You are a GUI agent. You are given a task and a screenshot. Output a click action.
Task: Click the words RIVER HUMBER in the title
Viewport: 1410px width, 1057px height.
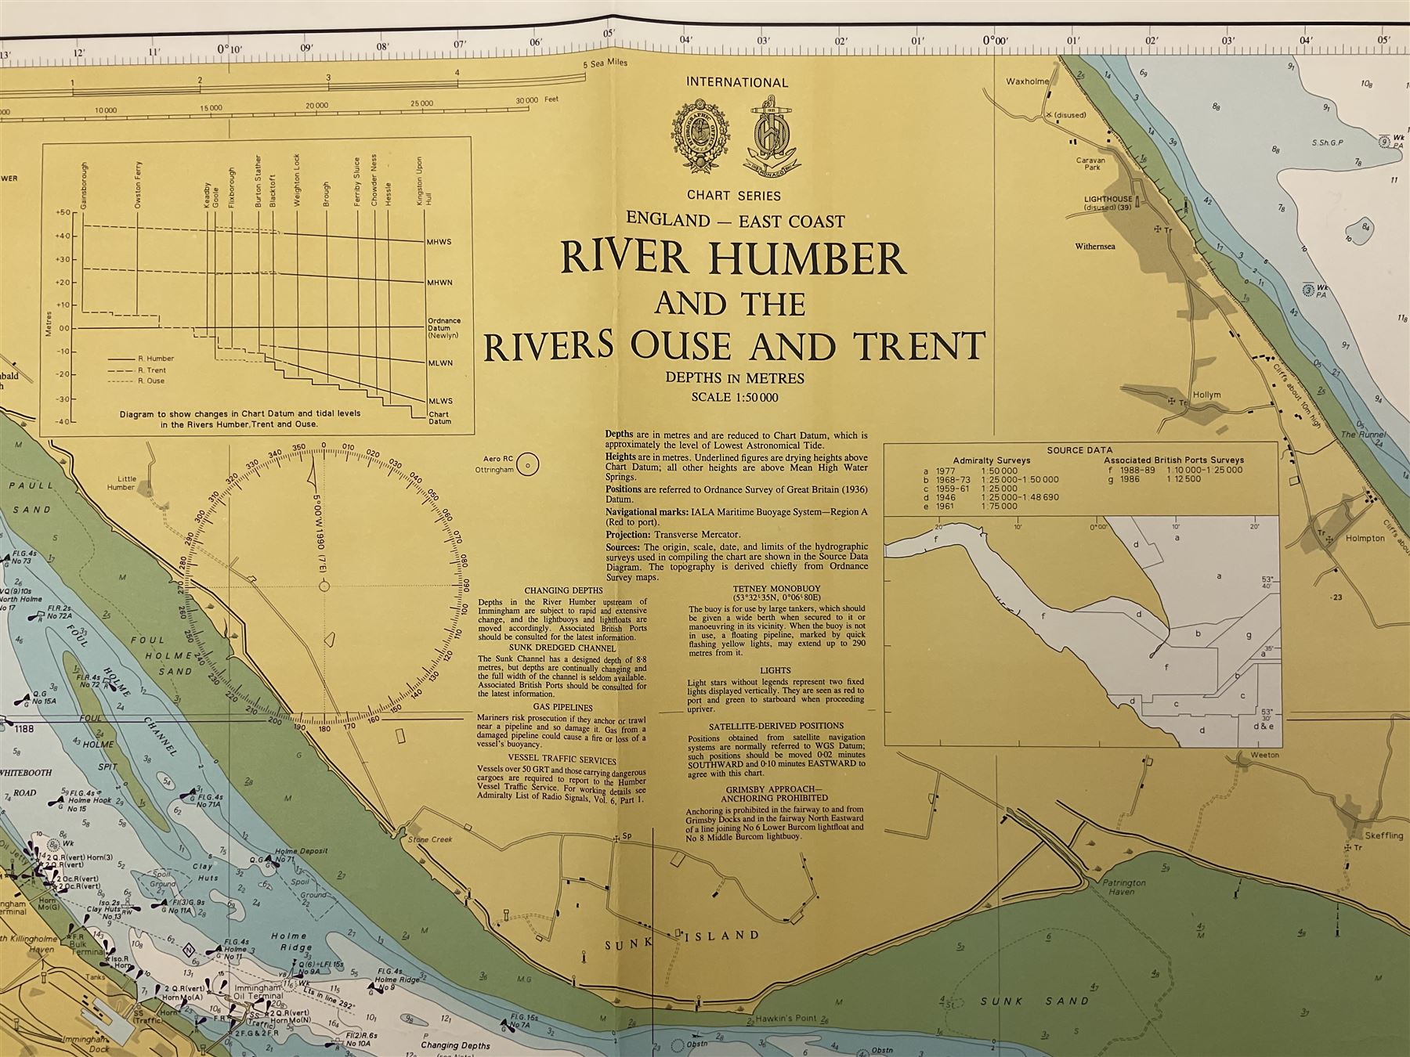pyautogui.click(x=734, y=258)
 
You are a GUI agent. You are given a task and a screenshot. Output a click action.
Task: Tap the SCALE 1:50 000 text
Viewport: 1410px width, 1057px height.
pyautogui.click(x=734, y=397)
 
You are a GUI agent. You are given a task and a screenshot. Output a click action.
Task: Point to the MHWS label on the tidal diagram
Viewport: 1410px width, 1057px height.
pyautogui.click(x=439, y=243)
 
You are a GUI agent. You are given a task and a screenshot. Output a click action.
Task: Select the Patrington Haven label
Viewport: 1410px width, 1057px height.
pyautogui.click(x=1124, y=886)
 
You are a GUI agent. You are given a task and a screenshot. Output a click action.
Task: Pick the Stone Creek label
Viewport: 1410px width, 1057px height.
pyautogui.click(x=430, y=840)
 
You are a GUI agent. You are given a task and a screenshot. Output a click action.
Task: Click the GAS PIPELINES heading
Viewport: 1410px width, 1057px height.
pyautogui.click(x=562, y=707)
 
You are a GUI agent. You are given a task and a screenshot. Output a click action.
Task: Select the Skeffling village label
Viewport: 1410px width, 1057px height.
pyautogui.click(x=1383, y=836)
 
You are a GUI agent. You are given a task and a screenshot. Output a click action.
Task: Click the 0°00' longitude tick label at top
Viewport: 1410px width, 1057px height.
pyautogui.click(x=994, y=41)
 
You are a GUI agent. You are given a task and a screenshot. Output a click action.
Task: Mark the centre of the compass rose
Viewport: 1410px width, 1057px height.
pyautogui.click(x=324, y=586)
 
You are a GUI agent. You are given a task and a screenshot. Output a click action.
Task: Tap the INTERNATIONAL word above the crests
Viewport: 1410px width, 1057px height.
pyautogui.click(x=736, y=82)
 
